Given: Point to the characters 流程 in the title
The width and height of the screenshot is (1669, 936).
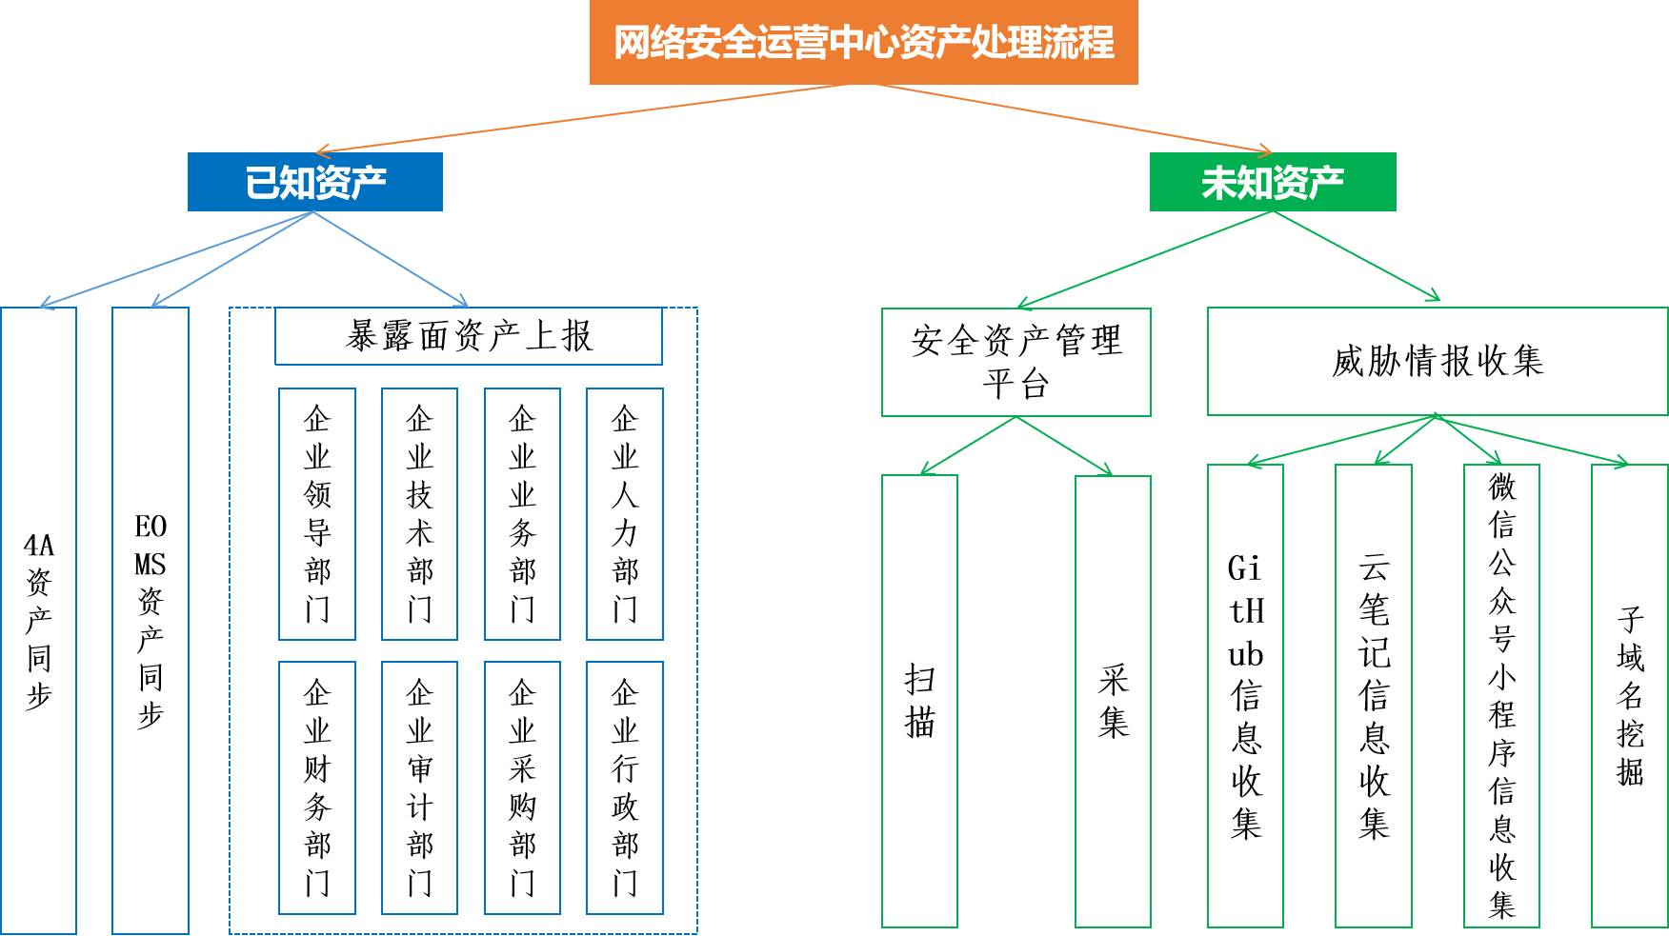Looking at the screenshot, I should [1078, 43].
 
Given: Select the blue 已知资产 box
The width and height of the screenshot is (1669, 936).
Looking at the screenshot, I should [314, 182].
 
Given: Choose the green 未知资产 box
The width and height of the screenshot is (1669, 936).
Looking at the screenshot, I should [1273, 182].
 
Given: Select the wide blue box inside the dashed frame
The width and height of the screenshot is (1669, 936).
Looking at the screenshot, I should [468, 336].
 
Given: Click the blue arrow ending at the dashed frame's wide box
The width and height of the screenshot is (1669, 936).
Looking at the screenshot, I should [391, 258].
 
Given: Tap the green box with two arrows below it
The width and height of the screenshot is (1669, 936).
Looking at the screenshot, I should [1015, 362].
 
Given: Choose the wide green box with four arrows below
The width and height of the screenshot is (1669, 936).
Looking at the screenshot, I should [1437, 361].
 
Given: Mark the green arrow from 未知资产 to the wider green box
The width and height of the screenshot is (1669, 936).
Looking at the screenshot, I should [1357, 255].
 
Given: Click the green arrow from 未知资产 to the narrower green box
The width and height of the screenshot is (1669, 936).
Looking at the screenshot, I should [1143, 259].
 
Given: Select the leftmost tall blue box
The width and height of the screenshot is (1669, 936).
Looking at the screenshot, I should [38, 620].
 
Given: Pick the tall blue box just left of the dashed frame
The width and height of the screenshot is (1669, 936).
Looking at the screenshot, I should [151, 620].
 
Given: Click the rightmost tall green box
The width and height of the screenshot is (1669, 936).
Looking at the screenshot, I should [1629, 695].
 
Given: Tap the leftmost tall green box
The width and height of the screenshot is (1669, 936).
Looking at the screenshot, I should [919, 701].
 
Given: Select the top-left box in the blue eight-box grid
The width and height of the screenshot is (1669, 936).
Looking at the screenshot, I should [317, 514].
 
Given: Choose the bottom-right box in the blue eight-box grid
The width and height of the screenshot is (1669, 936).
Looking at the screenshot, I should [624, 787].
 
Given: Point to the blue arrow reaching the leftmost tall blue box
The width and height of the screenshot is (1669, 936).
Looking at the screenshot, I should [176, 259].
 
